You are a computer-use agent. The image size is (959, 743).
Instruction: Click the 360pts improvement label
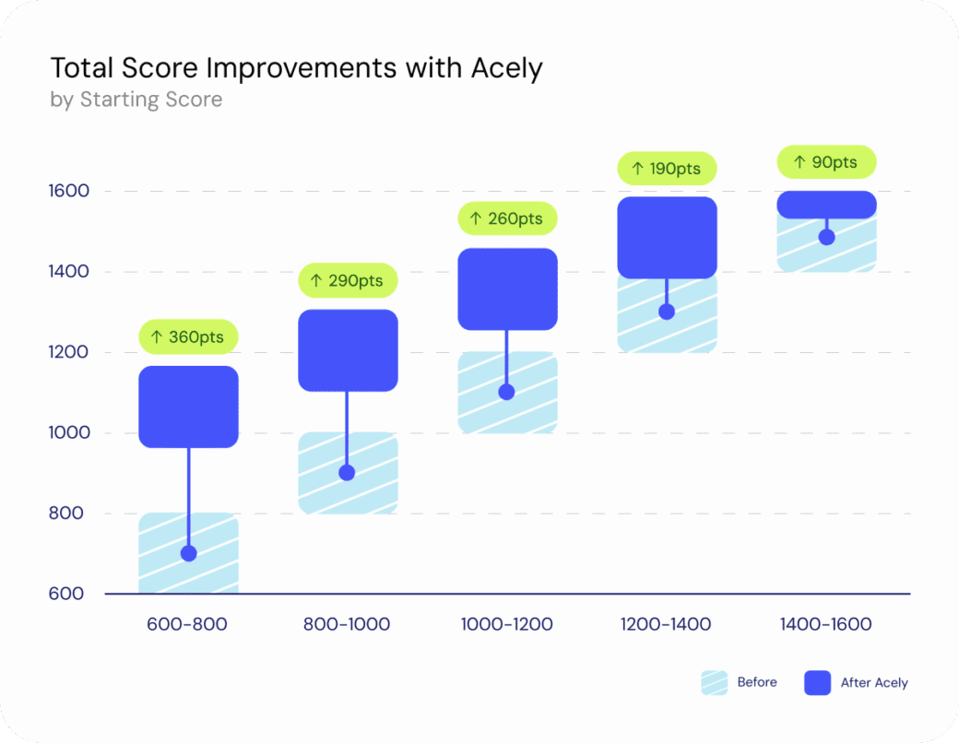click(189, 336)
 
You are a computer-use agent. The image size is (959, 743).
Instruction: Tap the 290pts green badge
click(349, 280)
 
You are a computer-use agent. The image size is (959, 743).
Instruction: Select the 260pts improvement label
click(507, 218)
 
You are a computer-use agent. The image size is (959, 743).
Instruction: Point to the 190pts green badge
click(666, 169)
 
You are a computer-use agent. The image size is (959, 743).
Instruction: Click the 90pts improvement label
click(825, 162)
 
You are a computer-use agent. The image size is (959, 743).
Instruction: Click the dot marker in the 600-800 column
click(189, 553)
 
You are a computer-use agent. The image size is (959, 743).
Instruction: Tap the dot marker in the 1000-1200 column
click(506, 392)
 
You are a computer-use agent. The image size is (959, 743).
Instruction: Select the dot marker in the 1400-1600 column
click(826, 237)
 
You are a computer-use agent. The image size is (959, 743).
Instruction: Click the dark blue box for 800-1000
click(348, 349)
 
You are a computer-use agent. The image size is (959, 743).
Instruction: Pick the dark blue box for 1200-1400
click(667, 237)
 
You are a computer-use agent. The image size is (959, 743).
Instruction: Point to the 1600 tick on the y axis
click(68, 192)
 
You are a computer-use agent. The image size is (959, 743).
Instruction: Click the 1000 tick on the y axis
click(68, 433)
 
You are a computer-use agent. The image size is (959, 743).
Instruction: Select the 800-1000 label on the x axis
click(347, 624)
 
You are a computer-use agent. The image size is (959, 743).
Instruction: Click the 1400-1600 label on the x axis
click(825, 624)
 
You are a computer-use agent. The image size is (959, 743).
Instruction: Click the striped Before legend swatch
click(714, 683)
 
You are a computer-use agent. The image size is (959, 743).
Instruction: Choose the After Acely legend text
click(874, 683)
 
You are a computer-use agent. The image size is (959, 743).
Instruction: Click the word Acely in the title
click(504, 68)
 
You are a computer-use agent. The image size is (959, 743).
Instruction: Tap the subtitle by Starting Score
click(136, 100)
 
